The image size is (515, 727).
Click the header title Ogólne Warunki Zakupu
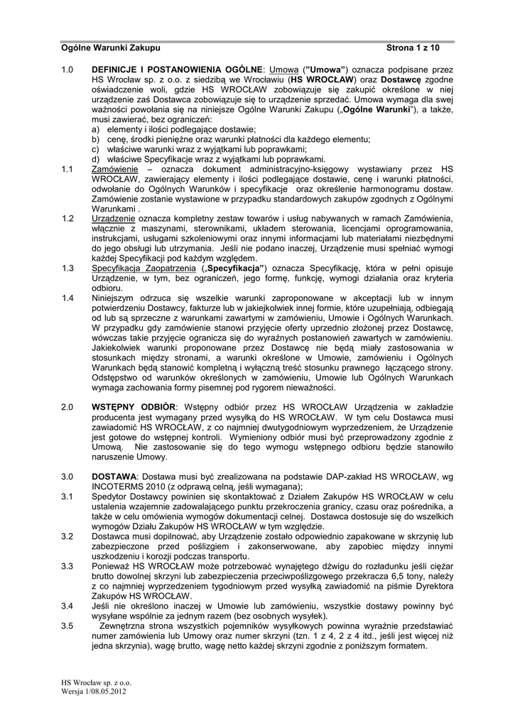(110, 48)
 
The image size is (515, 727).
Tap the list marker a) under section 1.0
(95, 130)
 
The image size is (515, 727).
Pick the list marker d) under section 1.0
(95, 159)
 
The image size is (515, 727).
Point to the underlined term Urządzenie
(114, 218)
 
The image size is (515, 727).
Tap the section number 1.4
(67, 297)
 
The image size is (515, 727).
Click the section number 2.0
(67, 407)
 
